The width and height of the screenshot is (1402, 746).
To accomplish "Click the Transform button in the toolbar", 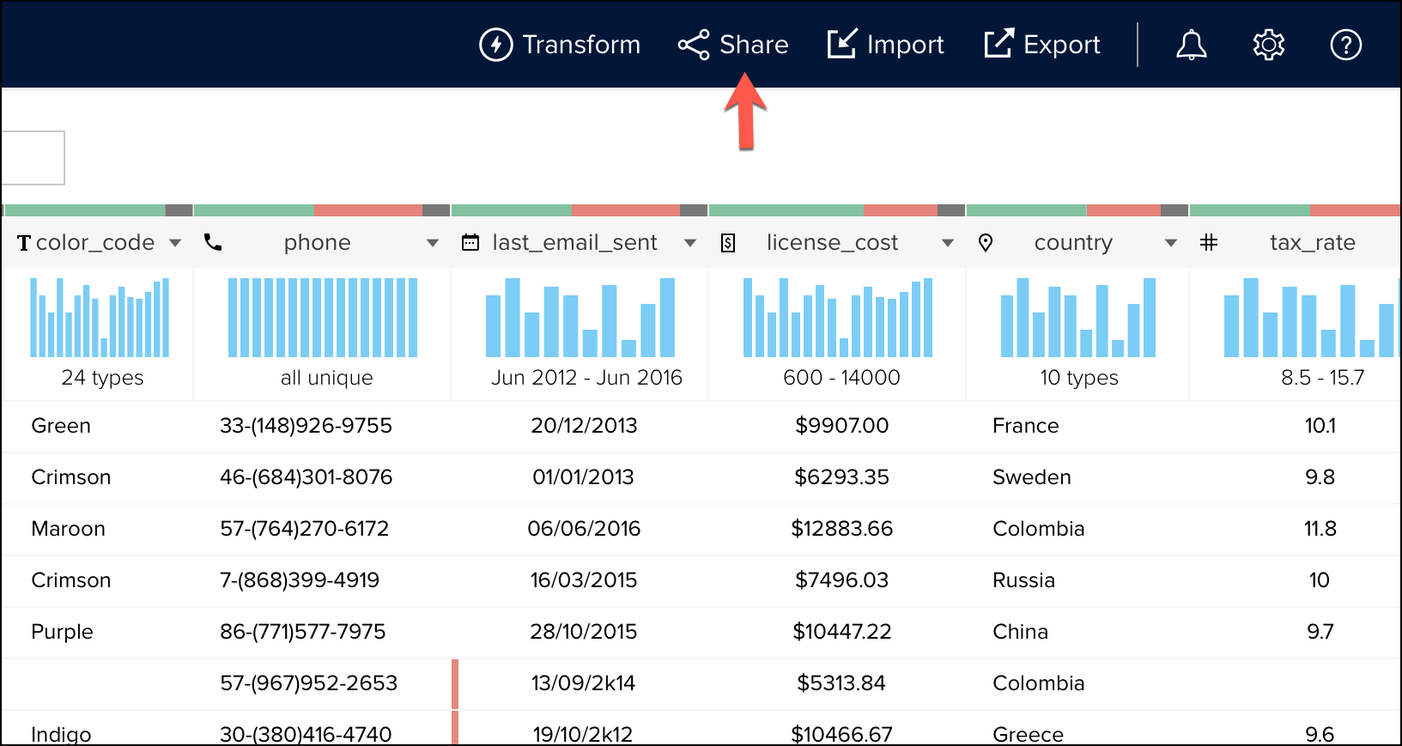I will pos(560,45).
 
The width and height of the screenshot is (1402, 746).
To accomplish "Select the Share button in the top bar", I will pos(733,45).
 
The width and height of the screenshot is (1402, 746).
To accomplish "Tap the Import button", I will pos(885,45).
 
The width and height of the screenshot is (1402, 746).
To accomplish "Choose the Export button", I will pos(1042,45).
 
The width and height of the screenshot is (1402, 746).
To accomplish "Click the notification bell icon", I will pos(1191,45).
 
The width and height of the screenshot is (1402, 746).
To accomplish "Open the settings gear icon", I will pos(1268,45).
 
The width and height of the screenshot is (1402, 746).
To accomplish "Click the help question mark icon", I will pos(1345,45).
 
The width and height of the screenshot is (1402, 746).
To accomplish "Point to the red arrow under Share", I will pos(745,112).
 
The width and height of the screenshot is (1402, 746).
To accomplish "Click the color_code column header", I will pos(94,243).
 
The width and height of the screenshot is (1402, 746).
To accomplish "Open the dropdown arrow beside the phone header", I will pos(433,244).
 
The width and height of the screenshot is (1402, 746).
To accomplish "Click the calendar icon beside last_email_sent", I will pos(470,243).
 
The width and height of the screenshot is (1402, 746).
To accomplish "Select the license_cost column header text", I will pos(832,243).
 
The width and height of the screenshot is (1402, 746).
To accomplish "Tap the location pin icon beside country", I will pos(986,243).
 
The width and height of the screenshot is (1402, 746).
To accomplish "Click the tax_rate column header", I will pos(1312,243).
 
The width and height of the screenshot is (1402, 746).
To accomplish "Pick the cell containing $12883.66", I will pos(841,529).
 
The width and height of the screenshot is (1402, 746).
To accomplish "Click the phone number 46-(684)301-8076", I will pos(306,477).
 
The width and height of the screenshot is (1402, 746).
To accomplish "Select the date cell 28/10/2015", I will pos(584,632).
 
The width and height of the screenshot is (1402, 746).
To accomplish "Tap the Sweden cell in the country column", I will pos(1031,477).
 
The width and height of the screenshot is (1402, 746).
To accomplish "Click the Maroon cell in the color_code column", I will pos(68,529).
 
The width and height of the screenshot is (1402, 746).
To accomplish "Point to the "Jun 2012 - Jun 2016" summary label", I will pos(586,378).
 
